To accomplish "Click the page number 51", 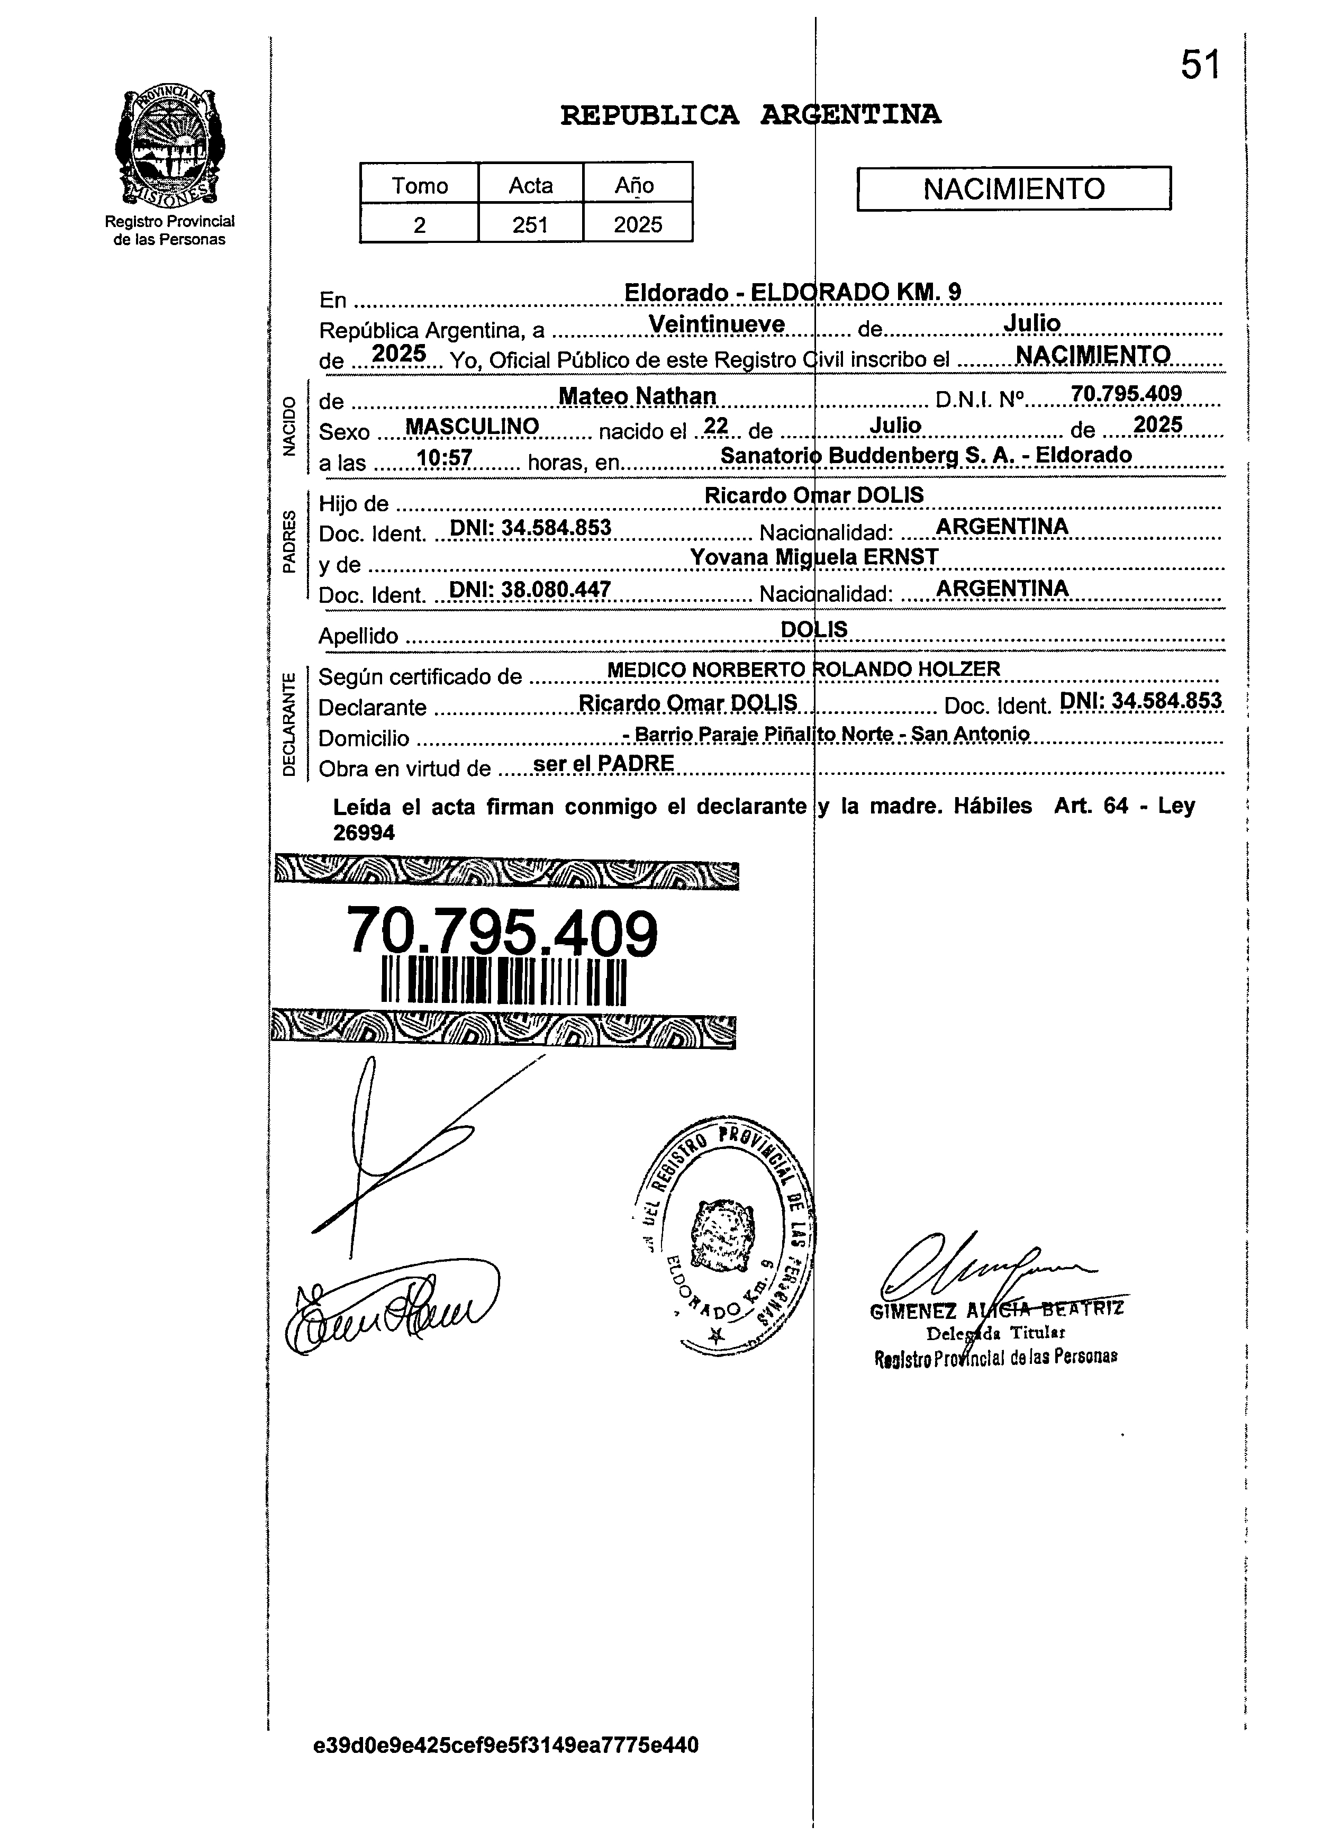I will pos(1200,65).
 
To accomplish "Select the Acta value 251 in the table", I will pos(530,224).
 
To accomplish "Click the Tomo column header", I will pos(420,185).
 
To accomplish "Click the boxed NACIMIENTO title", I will pos(1013,189).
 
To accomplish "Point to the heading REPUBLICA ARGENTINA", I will pos(750,115).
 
